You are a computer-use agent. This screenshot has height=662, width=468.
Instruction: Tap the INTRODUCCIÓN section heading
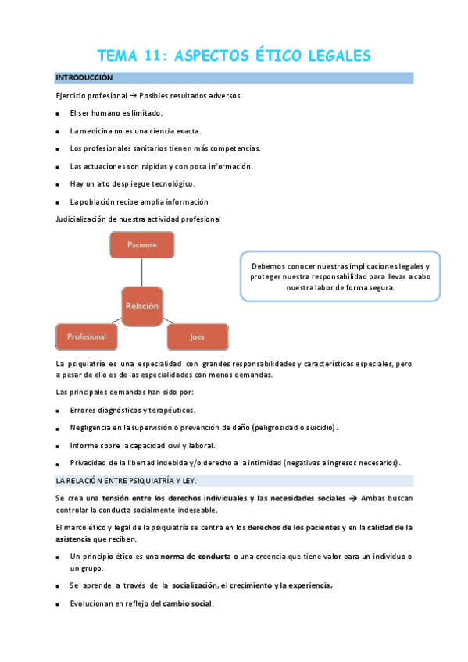tap(84, 78)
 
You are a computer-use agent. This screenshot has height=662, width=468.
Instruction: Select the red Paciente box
tap(141, 245)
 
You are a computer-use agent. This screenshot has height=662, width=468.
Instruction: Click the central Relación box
tap(141, 306)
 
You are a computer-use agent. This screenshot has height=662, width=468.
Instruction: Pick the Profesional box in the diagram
tap(86, 337)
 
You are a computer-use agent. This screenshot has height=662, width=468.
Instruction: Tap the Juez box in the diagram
tap(197, 337)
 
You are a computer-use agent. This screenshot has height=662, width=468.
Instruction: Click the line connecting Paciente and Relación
tap(141, 272)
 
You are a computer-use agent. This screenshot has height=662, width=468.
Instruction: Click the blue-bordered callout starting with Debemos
tap(339, 276)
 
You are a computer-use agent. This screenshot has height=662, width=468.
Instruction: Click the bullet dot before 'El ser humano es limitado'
tap(58, 114)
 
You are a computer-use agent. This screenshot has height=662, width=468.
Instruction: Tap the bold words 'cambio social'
tap(188, 604)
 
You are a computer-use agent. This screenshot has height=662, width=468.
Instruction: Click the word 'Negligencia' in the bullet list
tap(90, 428)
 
